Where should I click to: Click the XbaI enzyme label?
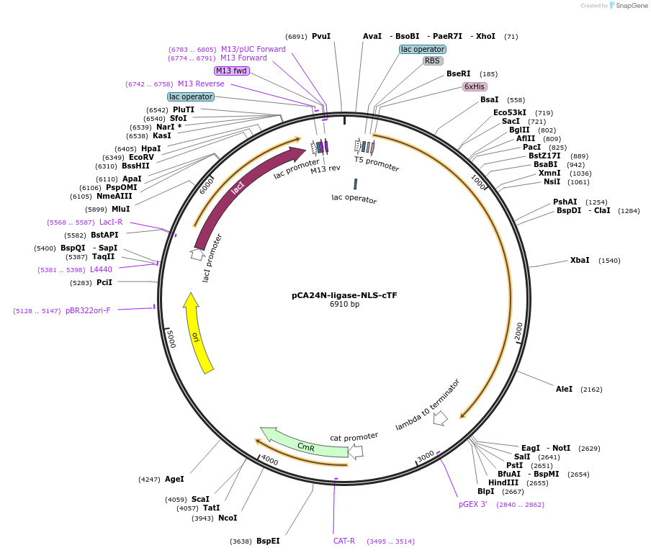click(x=580, y=261)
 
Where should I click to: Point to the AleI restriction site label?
click(x=564, y=390)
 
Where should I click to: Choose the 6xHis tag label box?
click(x=474, y=86)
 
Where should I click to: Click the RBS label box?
click(x=432, y=61)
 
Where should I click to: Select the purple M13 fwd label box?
click(x=231, y=71)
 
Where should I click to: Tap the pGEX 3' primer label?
click(x=473, y=505)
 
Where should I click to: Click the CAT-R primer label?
click(x=344, y=541)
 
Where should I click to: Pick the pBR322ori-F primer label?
click(x=88, y=311)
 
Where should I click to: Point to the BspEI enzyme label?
click(x=268, y=541)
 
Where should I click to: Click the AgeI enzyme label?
click(x=174, y=479)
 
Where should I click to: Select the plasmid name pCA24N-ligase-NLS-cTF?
click(x=344, y=295)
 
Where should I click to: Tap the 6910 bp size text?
click(x=344, y=305)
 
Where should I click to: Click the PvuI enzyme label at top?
click(x=321, y=36)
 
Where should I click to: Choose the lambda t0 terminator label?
click(x=427, y=405)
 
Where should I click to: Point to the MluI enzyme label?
click(x=121, y=210)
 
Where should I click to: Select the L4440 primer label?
click(x=101, y=269)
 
